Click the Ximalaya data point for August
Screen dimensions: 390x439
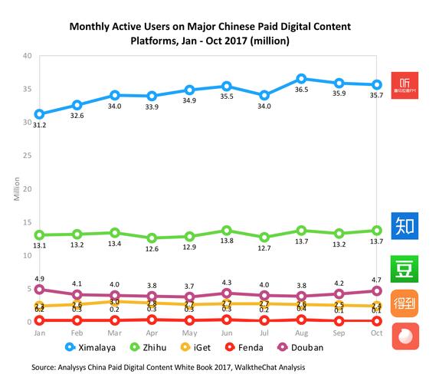click(x=302, y=79)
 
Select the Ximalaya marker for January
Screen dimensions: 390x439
click(x=39, y=113)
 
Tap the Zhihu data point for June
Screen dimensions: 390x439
click(x=227, y=230)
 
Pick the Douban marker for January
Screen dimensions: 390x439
click(x=39, y=289)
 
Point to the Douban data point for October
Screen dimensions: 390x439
click(x=377, y=290)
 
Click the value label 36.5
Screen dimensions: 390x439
click(x=302, y=90)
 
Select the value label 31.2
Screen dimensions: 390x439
click(x=39, y=125)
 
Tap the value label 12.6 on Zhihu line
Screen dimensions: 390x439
click(x=152, y=248)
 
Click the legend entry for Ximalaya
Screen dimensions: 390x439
click(x=93, y=347)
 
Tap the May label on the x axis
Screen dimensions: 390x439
click(x=189, y=334)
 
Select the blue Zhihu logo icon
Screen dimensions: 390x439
click(x=405, y=225)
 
